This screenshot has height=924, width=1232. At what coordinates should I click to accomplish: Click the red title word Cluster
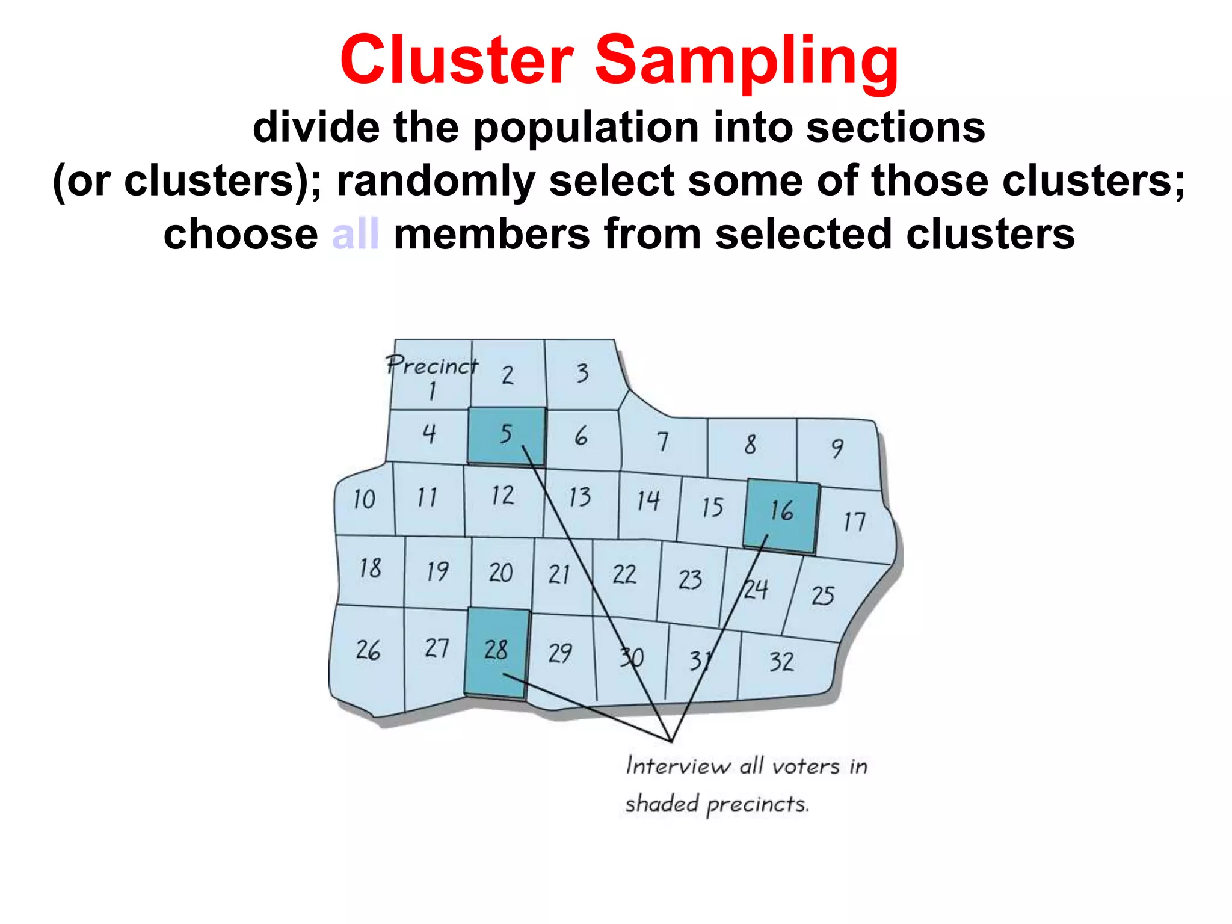tap(457, 60)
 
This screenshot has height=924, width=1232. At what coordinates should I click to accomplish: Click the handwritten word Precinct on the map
tap(431, 365)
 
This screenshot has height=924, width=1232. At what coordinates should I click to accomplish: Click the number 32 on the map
tap(781, 662)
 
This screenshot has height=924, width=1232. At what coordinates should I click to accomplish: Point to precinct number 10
tap(364, 499)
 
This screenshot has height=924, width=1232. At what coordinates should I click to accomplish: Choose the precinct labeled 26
tap(368, 650)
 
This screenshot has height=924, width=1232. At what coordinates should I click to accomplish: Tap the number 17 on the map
tap(854, 522)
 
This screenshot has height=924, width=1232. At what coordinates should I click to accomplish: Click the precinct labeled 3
tap(582, 374)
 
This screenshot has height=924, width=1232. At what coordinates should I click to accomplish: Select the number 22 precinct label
tap(624, 574)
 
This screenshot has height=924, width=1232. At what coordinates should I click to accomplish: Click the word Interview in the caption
tap(677, 766)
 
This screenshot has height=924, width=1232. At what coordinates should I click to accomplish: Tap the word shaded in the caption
tap(662, 804)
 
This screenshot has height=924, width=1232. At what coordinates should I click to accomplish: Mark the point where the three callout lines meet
tap(671, 741)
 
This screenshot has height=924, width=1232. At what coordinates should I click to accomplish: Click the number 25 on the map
tap(822, 596)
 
